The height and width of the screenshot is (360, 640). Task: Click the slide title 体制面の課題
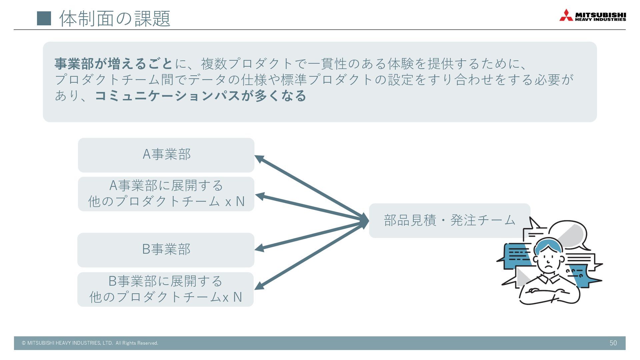(x=115, y=18)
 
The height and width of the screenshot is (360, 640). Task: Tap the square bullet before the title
(x=44, y=18)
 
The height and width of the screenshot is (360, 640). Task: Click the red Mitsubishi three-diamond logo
(x=566, y=15)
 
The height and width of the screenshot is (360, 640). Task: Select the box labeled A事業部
(x=166, y=155)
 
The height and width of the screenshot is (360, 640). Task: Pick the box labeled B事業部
(x=166, y=250)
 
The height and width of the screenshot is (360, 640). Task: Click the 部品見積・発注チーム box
(x=449, y=220)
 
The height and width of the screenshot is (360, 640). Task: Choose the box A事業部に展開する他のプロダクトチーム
(x=166, y=194)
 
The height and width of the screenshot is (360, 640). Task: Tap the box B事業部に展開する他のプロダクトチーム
(x=165, y=289)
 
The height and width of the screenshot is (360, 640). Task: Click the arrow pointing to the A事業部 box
(x=310, y=188)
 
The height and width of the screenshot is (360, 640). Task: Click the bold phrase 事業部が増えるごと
(x=114, y=64)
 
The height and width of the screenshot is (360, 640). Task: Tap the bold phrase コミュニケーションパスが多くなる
(x=200, y=96)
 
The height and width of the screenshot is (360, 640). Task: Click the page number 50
(x=613, y=343)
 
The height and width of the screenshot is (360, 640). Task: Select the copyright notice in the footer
(x=90, y=343)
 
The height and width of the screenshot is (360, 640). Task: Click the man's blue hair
(x=547, y=245)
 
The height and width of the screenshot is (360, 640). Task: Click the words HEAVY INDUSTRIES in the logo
(x=600, y=19)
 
